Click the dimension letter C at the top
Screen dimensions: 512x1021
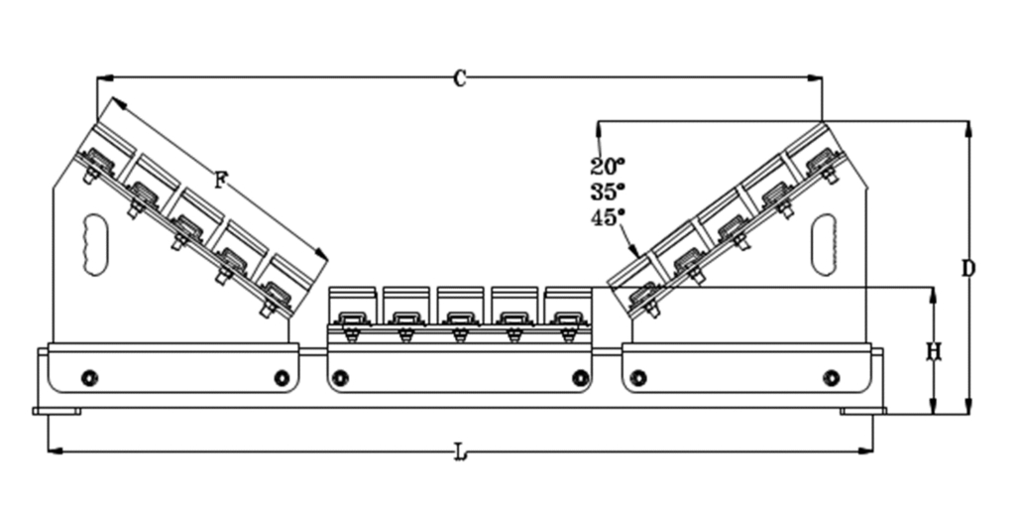pos(459,79)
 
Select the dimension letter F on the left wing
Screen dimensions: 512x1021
pos(221,181)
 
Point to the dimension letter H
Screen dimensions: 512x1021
pos(933,352)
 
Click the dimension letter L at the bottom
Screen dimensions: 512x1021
pos(460,453)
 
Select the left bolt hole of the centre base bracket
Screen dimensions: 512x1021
pos(341,378)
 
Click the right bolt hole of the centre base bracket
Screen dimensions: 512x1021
pos(581,378)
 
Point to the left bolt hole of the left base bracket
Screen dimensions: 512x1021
pos(90,378)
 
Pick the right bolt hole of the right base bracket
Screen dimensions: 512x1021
pos(831,378)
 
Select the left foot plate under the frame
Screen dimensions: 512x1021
pos(57,411)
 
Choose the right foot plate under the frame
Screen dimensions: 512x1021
pos(862,411)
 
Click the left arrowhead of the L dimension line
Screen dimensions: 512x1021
pos(52,450)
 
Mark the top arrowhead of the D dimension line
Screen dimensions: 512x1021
pos(968,125)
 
